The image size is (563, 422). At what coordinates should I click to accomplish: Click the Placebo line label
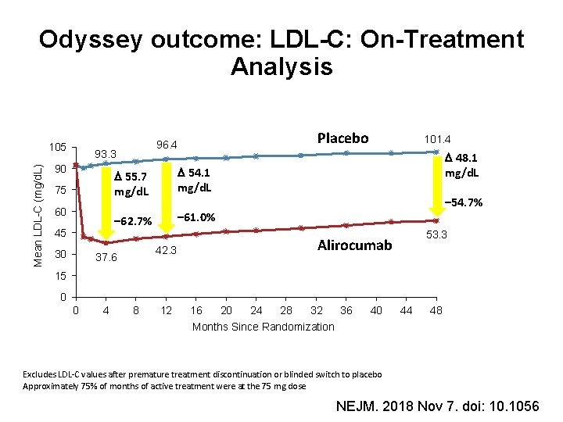click(x=342, y=138)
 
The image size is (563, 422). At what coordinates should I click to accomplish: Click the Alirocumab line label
click(x=354, y=245)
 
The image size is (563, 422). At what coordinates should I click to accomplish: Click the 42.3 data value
click(x=165, y=250)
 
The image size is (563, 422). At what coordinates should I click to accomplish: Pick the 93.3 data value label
click(x=105, y=153)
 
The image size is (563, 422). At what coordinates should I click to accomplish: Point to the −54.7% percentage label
click(x=463, y=202)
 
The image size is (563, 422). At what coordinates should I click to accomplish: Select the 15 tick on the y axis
click(x=60, y=276)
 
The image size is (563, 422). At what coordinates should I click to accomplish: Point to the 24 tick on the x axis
click(x=256, y=311)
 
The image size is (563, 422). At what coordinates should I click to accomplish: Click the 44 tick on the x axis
click(x=406, y=311)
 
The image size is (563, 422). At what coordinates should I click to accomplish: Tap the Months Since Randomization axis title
click(x=263, y=327)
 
